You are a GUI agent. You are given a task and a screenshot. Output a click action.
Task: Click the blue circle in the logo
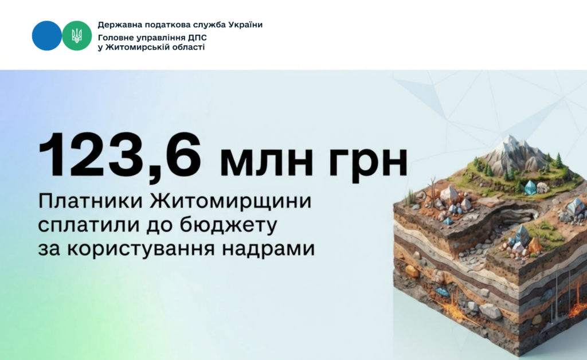(47, 36)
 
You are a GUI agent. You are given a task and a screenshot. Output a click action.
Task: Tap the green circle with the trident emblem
(77, 36)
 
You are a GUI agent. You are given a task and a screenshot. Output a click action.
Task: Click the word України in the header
(245, 25)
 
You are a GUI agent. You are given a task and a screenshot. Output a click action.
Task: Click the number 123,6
(119, 156)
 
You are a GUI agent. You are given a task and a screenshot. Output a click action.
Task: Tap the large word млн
(266, 162)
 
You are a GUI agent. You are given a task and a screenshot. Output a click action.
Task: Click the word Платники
(91, 201)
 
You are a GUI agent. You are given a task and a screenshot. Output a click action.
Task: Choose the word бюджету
(228, 225)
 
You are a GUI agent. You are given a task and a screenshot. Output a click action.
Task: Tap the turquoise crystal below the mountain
(530, 187)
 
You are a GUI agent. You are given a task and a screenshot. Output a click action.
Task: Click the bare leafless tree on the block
(433, 189)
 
